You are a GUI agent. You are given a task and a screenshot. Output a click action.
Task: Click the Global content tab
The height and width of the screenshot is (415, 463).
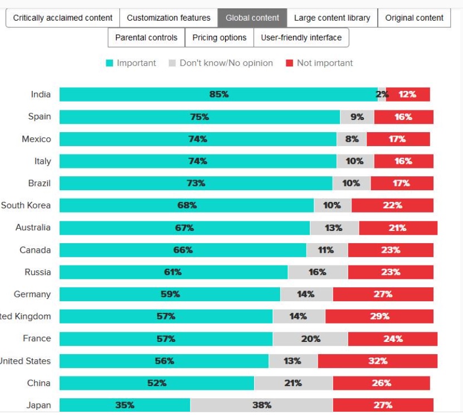pyautogui.click(x=252, y=18)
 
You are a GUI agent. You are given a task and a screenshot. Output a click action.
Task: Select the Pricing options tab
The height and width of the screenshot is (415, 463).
pyautogui.click(x=219, y=38)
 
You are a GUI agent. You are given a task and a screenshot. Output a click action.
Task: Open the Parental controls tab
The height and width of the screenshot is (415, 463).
pyautogui.click(x=146, y=38)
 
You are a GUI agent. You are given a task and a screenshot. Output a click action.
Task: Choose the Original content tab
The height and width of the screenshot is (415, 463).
pyautogui.click(x=414, y=18)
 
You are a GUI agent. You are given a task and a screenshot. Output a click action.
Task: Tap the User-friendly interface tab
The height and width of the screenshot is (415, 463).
pyautogui.click(x=301, y=38)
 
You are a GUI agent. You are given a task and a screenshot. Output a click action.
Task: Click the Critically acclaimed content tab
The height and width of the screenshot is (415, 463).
pyautogui.click(x=62, y=18)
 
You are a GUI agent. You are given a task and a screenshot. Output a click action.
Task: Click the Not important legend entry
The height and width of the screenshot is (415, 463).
pyautogui.click(x=319, y=63)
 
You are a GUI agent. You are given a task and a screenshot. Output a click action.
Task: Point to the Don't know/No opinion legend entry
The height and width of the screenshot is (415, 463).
pyautogui.click(x=221, y=63)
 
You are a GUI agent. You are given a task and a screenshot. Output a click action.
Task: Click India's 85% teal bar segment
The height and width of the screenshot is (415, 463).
pyautogui.click(x=218, y=94)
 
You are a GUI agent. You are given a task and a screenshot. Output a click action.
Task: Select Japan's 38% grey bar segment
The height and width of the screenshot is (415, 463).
pyautogui.click(x=261, y=406)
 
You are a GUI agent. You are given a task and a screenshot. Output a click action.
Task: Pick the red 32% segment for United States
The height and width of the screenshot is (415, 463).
pyautogui.click(x=377, y=361)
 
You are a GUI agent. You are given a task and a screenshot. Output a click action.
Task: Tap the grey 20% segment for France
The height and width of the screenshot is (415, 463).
pyautogui.click(x=310, y=339)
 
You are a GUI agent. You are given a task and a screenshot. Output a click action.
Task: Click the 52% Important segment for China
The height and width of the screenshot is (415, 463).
pyautogui.click(x=157, y=383)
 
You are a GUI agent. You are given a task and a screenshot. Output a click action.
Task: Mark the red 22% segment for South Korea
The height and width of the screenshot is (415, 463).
pyautogui.click(x=392, y=205)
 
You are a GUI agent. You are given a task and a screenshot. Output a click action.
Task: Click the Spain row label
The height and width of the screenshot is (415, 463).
pyautogui.click(x=40, y=117)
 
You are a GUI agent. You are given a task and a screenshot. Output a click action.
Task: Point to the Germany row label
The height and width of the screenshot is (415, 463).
pyautogui.click(x=32, y=294)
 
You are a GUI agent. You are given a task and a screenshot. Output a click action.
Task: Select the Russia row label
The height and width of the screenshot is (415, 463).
pyautogui.click(x=37, y=272)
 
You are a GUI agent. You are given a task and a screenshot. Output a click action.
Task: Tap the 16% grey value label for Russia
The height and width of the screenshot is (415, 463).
pyautogui.click(x=317, y=272)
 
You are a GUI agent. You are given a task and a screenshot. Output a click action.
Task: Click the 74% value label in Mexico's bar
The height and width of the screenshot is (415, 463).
pyautogui.click(x=197, y=139)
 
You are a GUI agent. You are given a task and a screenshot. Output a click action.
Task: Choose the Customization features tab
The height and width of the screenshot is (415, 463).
pyautogui.click(x=168, y=18)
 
